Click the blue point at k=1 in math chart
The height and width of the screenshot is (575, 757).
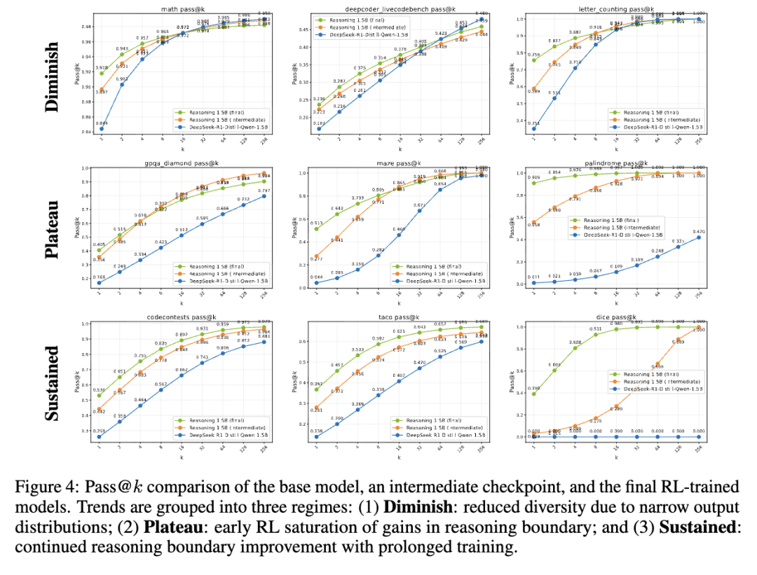coord(101,129)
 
